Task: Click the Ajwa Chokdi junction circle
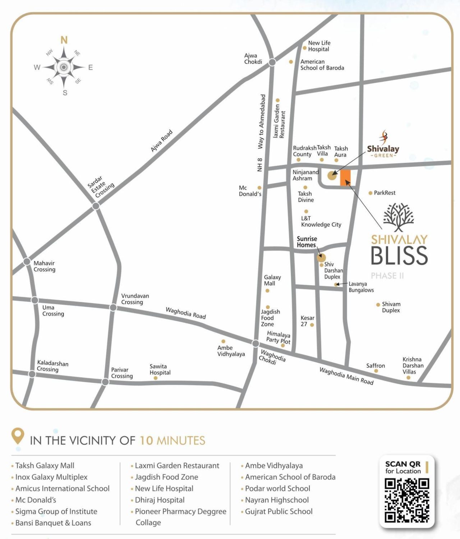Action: pyautogui.click(x=272, y=62)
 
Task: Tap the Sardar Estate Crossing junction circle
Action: pyautogui.click(x=96, y=206)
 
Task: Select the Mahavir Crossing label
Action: pyautogui.click(x=44, y=266)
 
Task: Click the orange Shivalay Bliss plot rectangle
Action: pyautogui.click(x=345, y=178)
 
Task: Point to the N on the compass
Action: pyautogui.click(x=64, y=40)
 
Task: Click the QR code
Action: pyautogui.click(x=407, y=500)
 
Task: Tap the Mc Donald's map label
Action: pyautogui.click(x=250, y=191)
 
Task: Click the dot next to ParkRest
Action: pyautogui.click(x=370, y=193)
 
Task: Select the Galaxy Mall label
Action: pyautogui.click(x=272, y=280)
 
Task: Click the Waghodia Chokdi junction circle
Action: pyautogui.click(x=256, y=344)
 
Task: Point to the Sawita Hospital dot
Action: pyautogui.click(x=155, y=378)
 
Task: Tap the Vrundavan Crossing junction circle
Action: pyautogui.click(x=113, y=308)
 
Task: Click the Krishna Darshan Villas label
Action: pyautogui.click(x=413, y=365)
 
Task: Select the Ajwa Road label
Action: pyautogui.click(x=161, y=140)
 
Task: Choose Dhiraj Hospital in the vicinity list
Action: pyautogui.click(x=160, y=500)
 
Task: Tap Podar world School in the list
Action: pyautogui.click(x=277, y=488)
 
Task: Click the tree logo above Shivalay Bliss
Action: pyautogui.click(x=399, y=217)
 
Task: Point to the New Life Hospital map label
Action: pyautogui.click(x=319, y=46)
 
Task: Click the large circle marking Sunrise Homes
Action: pyautogui.click(x=321, y=257)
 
